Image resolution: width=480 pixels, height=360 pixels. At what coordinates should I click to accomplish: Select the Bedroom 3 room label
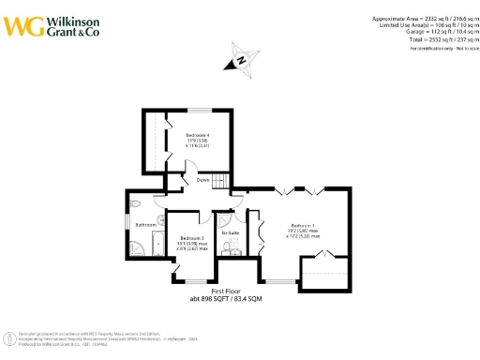click(x=192, y=239)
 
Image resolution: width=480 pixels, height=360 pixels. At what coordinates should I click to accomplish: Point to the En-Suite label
click(x=231, y=232)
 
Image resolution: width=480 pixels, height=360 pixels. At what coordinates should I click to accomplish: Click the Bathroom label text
click(x=145, y=225)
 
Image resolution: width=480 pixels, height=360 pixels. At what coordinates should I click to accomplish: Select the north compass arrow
click(x=240, y=60)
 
